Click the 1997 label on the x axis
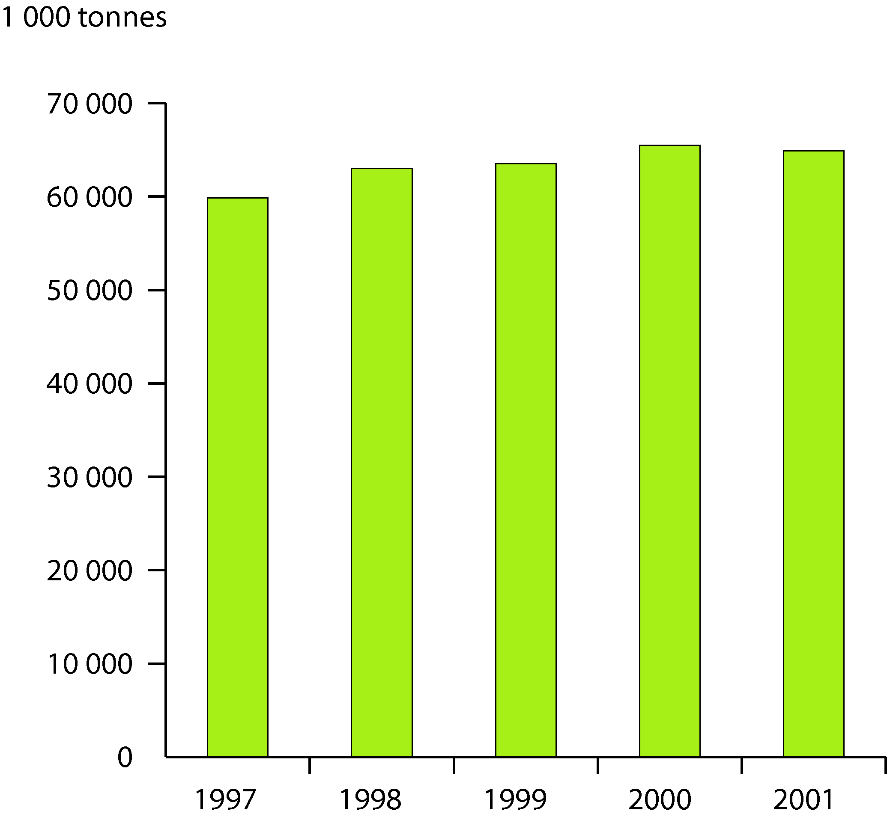[x=226, y=799]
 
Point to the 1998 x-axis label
[x=370, y=799]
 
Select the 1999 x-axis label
[x=515, y=799]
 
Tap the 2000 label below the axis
[x=660, y=799]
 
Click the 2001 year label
[x=803, y=799]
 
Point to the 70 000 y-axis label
[x=90, y=105]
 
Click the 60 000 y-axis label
[x=90, y=198]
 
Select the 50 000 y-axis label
[x=90, y=291]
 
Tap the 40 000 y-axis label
[x=90, y=384]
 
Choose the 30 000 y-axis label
[x=90, y=478]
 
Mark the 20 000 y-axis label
[x=90, y=571]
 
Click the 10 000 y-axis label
[x=90, y=665]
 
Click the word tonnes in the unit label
[x=122, y=18]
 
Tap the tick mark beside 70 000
[x=157, y=103]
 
